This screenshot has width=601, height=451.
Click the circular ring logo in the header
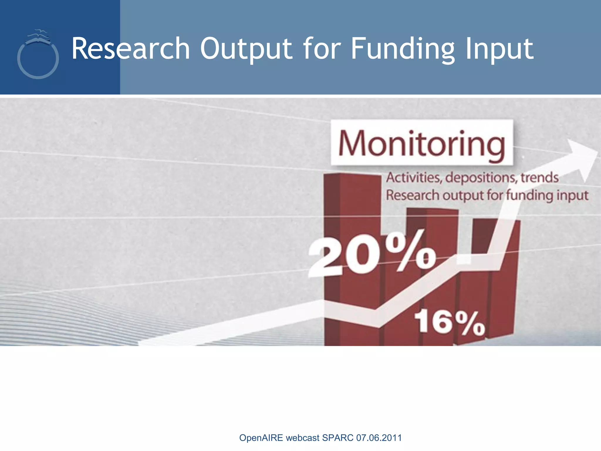point(38,60)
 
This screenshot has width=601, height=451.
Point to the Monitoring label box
point(422,143)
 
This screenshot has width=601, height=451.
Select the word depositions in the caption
point(481,178)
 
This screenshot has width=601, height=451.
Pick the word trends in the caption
point(539,178)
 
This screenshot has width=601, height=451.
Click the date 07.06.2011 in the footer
point(379,438)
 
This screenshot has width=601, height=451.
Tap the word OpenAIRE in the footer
point(261,438)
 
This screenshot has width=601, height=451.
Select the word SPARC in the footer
point(338,438)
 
